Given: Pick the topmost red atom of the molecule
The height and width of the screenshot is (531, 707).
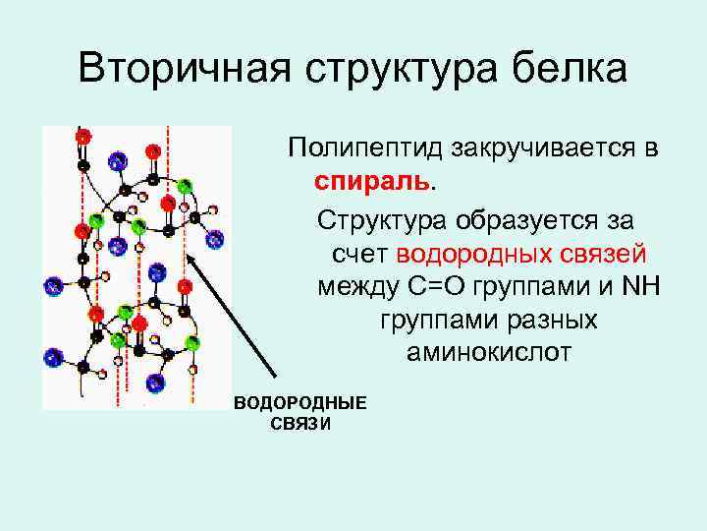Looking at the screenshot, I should (x=83, y=136).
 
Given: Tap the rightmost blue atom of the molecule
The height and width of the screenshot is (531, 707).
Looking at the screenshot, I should (x=215, y=237).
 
